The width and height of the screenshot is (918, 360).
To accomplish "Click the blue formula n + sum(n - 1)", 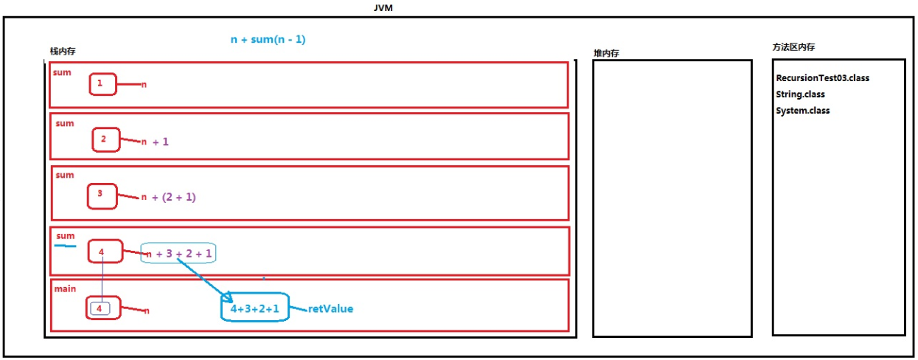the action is coord(268,39).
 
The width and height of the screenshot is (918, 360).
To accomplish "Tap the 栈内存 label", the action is coord(62,52).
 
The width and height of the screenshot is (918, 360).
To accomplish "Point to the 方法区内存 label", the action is coord(793,47).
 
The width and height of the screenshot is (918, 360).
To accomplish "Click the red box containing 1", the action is coord(102,84).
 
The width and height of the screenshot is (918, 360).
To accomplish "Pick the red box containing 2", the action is coord(105,139).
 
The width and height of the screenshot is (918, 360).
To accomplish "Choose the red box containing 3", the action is coord(101,195).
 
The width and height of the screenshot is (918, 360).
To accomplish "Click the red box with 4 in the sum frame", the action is coord(102,252).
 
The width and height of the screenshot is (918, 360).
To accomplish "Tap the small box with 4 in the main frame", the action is coord(99,309).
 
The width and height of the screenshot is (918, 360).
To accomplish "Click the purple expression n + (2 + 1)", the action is coord(168,197).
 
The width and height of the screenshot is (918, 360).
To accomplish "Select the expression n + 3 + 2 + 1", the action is coord(179,253).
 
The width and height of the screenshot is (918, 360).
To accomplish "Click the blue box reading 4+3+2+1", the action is coord(254,309).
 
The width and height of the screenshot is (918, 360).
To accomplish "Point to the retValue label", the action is coord(330,308).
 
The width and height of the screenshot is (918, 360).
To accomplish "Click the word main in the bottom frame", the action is coord(65,288).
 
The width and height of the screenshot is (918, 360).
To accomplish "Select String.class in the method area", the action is coord(800,94).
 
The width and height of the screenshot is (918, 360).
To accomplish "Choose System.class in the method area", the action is coord(802,111).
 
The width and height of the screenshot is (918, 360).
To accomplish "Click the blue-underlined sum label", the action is coord(66,237).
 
